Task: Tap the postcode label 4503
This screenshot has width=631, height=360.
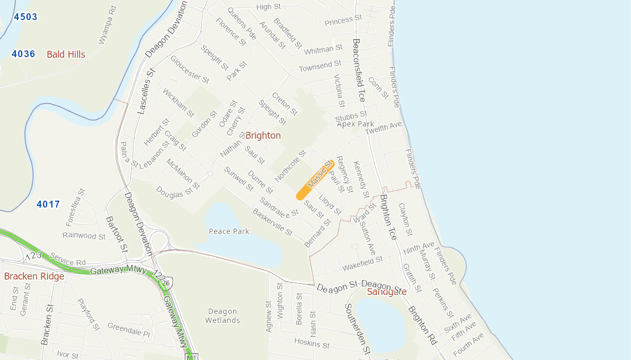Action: pos(25,17)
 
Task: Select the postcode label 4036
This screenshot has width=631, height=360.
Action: pos(23,54)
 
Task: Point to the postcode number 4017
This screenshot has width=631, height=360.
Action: pos(48,204)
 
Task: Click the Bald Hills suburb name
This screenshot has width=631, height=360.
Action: pos(66,55)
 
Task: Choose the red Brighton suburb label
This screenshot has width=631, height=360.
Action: pos(263,136)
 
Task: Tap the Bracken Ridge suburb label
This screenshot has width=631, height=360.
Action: pos(34,276)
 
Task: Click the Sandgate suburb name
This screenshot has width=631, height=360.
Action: pos(387,292)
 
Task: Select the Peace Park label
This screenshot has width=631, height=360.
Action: pos(229,231)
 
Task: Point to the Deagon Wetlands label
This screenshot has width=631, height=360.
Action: pos(223,316)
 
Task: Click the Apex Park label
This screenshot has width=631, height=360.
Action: pos(356,124)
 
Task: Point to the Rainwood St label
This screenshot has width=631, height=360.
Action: pos(84,236)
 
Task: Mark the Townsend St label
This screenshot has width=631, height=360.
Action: pos(320,67)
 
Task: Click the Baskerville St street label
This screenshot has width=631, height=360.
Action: pos(272,222)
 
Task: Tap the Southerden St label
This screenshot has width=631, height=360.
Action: pos(357,328)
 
